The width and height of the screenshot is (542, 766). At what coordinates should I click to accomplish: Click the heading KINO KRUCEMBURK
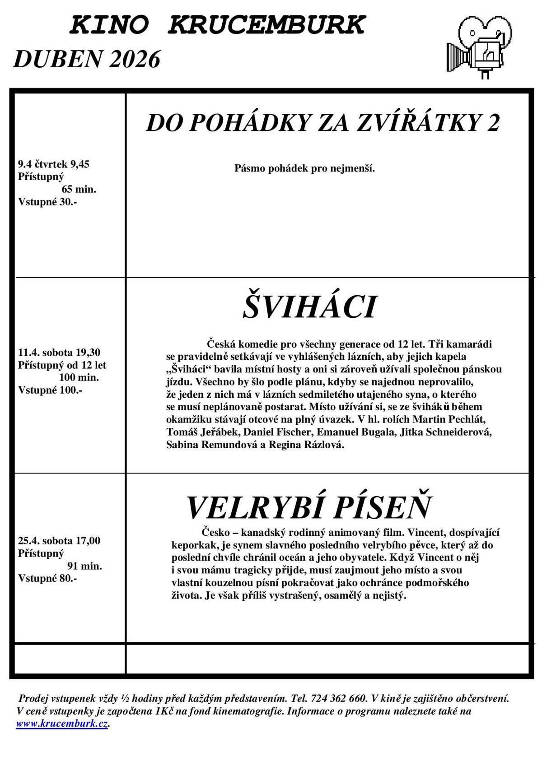coord(217,25)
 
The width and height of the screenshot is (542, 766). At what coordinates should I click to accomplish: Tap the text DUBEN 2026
coord(87,59)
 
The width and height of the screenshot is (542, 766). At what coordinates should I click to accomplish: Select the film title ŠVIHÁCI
coord(309,307)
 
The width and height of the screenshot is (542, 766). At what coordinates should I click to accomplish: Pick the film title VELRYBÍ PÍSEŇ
coord(309,507)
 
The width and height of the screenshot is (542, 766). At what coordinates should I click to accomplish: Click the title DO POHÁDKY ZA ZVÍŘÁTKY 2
coord(323,123)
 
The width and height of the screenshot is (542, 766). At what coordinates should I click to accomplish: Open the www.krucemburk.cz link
coord(62,724)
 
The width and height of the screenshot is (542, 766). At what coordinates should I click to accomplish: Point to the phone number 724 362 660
coord(338,698)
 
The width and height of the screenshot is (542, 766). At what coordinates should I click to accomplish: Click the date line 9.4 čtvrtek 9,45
coord(54,164)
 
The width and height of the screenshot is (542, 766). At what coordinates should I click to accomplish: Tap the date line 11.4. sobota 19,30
coord(59,352)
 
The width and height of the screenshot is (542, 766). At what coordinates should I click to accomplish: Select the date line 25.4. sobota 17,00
coord(59,540)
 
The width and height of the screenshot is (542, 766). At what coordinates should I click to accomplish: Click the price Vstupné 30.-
coord(47,202)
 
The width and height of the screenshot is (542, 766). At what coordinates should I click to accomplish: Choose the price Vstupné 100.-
coord(50,390)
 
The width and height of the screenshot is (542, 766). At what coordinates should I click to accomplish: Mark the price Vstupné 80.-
coord(47,578)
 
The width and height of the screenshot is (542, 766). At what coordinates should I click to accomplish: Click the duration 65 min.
coord(79,189)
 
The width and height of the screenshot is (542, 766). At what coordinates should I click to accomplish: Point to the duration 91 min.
coord(84,566)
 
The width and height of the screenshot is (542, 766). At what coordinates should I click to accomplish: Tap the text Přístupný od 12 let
coord(62,365)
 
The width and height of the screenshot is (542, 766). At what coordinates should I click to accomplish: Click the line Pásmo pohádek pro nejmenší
coord(305,169)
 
